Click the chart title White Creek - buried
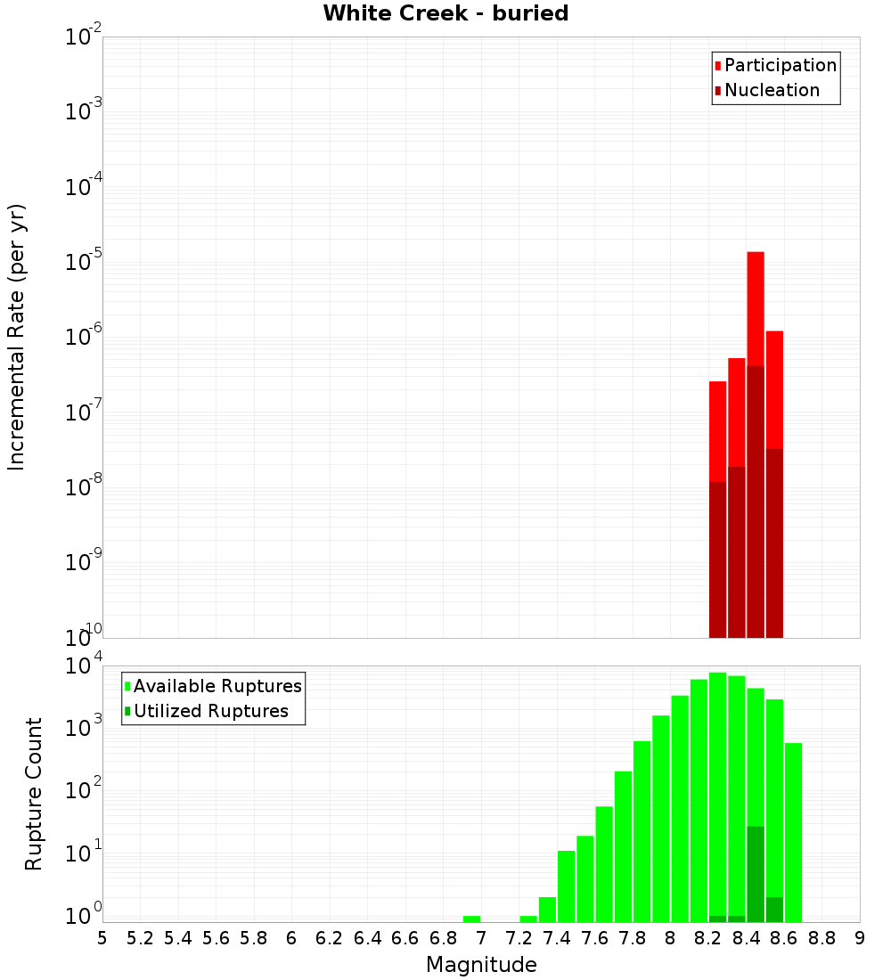click(445, 13)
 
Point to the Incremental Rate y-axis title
click(17, 337)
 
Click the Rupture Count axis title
click(34, 794)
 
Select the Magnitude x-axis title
click(481, 965)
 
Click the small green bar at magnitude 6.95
click(472, 919)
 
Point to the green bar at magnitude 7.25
click(528, 919)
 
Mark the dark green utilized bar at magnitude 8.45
click(756, 873)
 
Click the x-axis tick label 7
click(481, 938)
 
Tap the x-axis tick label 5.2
click(140, 938)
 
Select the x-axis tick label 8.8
click(822, 938)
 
